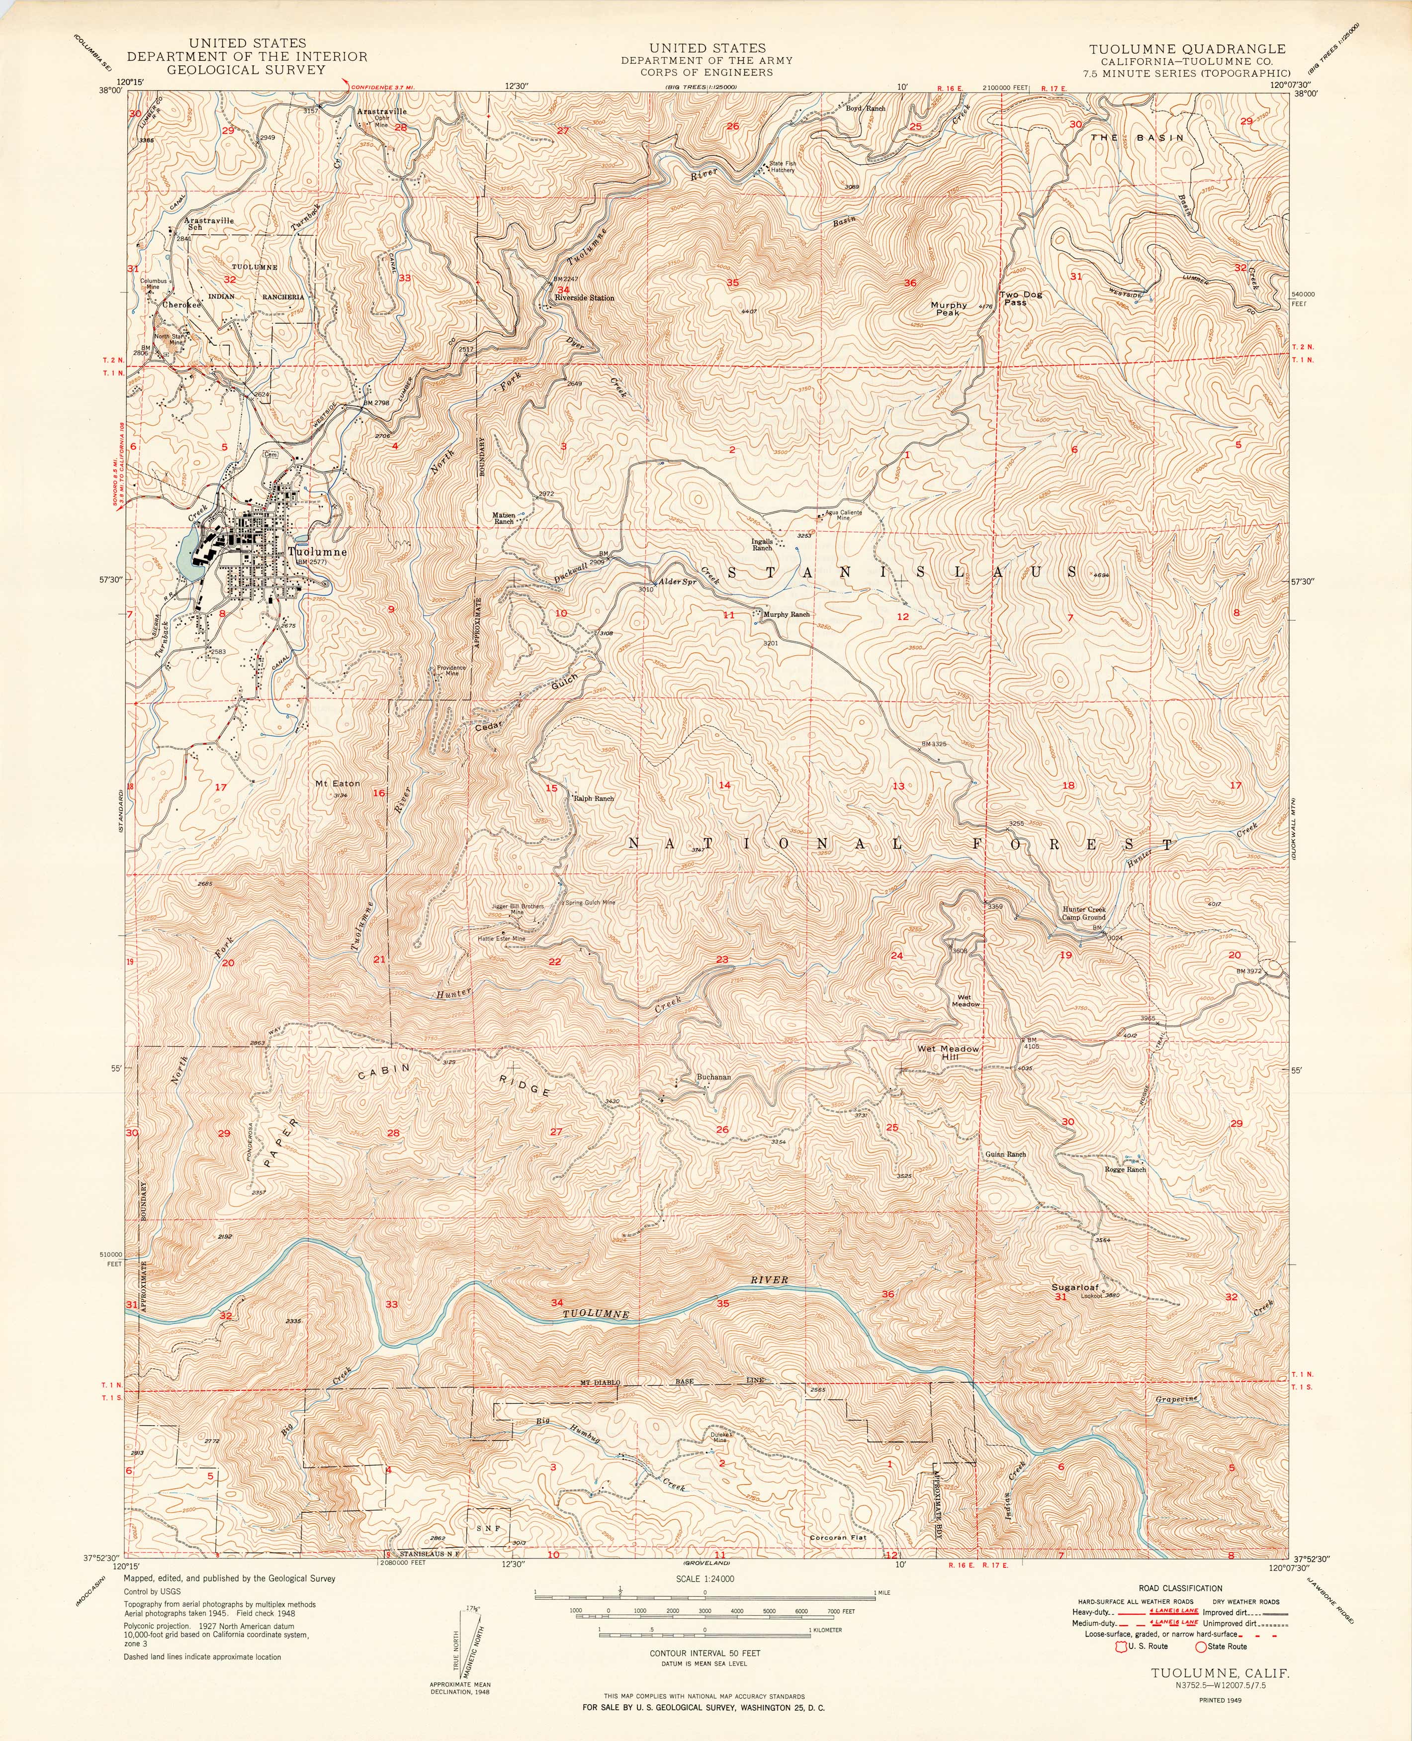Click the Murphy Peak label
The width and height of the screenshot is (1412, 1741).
pyautogui.click(x=949, y=309)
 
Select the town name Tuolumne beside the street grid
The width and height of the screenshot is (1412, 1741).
pyautogui.click(x=317, y=552)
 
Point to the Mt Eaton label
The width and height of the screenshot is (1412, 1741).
pyautogui.click(x=337, y=783)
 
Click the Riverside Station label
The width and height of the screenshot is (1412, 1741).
pyautogui.click(x=584, y=298)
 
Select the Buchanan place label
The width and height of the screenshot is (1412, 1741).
pyautogui.click(x=713, y=1076)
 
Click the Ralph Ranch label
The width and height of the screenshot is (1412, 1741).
pyautogui.click(x=594, y=798)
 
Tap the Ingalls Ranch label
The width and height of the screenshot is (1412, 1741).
pyautogui.click(x=762, y=544)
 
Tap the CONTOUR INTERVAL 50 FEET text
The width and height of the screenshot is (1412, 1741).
pyautogui.click(x=705, y=1653)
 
